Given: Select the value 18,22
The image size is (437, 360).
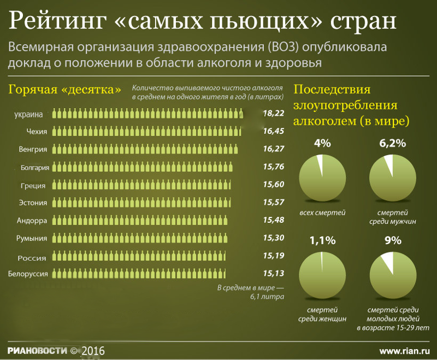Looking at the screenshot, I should pos(273,114).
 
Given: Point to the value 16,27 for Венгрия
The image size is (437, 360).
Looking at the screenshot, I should pos(273,149).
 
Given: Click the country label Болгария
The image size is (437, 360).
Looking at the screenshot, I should pos(35,168).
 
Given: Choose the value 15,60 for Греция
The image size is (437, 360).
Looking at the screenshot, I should pos(273,185).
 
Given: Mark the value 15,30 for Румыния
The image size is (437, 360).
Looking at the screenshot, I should pos(273,238).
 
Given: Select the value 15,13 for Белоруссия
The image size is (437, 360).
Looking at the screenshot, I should pos(273,273).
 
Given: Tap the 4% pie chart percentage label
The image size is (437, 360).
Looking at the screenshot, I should pos(322,144).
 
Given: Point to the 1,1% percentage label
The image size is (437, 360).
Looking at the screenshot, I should pos(322,240).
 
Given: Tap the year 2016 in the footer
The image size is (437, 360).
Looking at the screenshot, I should pos(93,350).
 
